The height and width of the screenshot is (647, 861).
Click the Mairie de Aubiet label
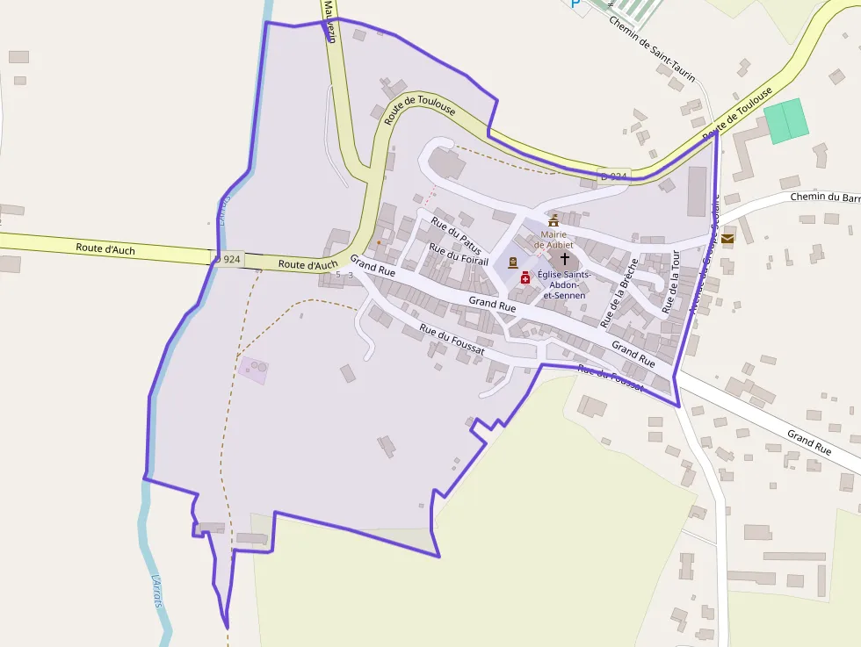[553, 239]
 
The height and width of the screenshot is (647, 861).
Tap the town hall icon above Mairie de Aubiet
[553, 220]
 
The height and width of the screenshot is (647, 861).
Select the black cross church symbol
[564, 260]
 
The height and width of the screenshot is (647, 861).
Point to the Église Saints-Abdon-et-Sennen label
[564, 284]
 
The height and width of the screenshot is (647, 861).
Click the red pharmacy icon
[525, 277]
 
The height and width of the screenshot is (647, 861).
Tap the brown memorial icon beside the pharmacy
[513, 262]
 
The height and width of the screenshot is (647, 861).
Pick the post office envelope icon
[727, 239]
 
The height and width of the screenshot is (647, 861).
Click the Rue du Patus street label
[456, 233]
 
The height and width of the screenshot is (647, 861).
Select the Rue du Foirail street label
[458, 253]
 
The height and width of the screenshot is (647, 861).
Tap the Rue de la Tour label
[671, 281]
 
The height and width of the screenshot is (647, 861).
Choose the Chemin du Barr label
[824, 197]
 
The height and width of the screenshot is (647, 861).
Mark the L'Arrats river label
[158, 590]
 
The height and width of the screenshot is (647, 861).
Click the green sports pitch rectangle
[785, 121]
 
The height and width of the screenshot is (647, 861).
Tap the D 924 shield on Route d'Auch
[228, 259]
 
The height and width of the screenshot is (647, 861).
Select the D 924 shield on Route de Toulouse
[614, 176]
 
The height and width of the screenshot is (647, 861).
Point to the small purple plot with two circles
[253, 368]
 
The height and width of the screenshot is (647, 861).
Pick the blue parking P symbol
[575, 4]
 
